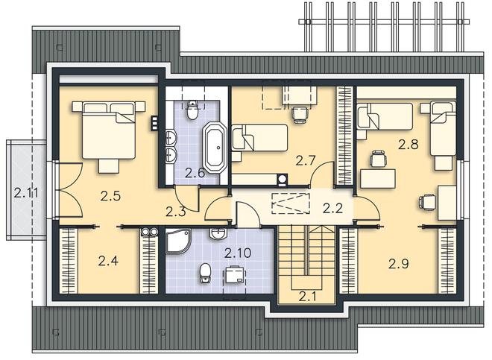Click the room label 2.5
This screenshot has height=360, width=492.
point(111,196)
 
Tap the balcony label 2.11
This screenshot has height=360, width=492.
point(26,193)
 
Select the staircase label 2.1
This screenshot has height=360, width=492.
point(307,297)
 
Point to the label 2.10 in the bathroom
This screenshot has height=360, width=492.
point(238,253)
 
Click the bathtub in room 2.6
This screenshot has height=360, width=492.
point(215,148)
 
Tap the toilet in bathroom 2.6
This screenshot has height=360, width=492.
point(192,110)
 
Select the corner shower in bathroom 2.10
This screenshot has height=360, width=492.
point(178,241)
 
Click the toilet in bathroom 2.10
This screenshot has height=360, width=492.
point(205,274)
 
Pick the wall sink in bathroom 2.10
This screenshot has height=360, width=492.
point(218,234)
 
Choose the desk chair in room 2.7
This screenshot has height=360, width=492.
point(300,115)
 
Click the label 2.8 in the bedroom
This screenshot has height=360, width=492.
point(409,145)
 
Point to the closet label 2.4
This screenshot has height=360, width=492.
point(108,261)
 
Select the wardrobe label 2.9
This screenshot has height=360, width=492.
point(399,264)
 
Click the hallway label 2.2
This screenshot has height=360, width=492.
point(332,209)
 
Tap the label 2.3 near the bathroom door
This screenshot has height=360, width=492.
point(176,212)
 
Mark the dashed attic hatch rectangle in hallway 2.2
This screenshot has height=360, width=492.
point(291,203)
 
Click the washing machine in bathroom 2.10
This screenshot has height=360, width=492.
point(234,275)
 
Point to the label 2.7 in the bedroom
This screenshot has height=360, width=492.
point(306,161)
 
